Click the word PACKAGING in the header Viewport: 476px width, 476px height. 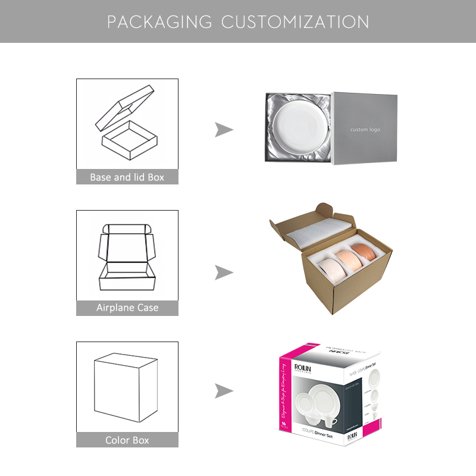[x=159, y=22]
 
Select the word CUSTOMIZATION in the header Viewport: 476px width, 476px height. [x=295, y=22]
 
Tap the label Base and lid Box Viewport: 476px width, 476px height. [x=127, y=177]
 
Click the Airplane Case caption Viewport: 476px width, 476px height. [x=127, y=308]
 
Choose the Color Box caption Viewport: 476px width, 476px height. [x=127, y=440]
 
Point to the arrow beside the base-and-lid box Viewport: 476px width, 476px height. [x=224, y=130]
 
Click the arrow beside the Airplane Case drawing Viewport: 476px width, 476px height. [x=224, y=273]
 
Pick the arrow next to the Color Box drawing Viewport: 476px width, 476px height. [x=224, y=391]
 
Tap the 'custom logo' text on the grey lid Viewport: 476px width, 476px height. [x=365, y=130]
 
